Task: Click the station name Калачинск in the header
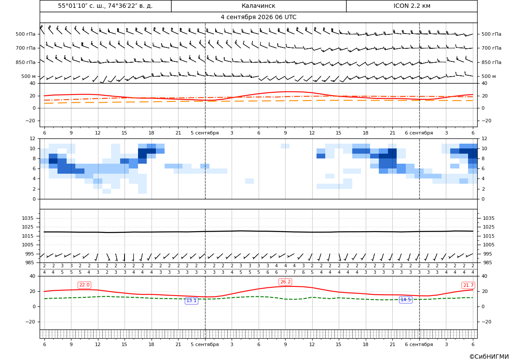pos(258,6)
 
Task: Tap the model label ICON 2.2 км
pos(411,6)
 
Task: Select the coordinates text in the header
pos(105,6)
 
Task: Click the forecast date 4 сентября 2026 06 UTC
pos(258,17)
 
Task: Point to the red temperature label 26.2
pos(285,282)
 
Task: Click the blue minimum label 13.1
pos(191,301)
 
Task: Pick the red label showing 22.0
pos(84,285)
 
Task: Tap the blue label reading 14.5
pos(405,299)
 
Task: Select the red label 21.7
pos(468,285)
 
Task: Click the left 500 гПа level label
pos(26,34)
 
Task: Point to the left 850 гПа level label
pos(26,62)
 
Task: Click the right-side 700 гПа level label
pos(492,48)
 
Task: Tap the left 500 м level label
pos(29,76)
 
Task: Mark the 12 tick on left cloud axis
pos(33,138)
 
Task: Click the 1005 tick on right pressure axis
pos(489,245)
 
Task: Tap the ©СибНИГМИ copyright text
pos(489,357)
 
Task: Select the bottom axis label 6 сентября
pos(419,344)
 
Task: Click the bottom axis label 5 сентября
pos(205,344)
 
